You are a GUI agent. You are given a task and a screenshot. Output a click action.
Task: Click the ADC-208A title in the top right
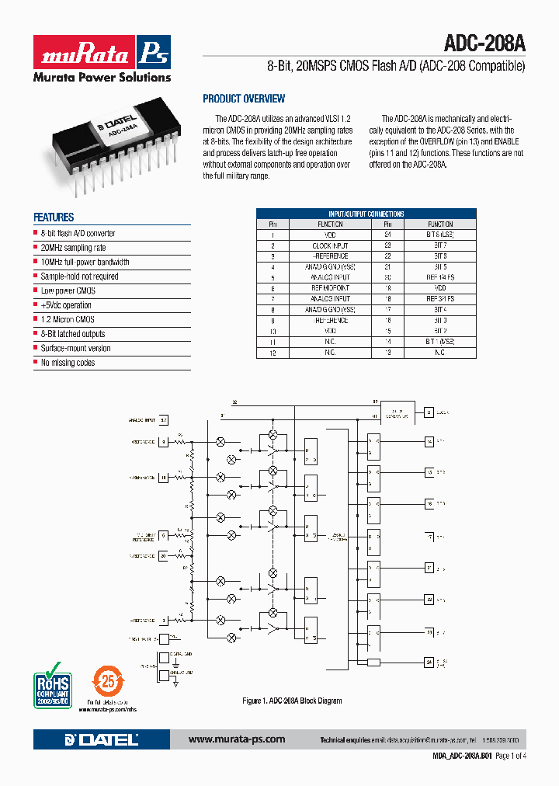(x=484, y=43)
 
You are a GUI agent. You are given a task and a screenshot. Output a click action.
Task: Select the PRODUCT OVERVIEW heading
(x=244, y=99)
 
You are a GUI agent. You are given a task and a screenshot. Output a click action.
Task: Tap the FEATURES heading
(x=54, y=217)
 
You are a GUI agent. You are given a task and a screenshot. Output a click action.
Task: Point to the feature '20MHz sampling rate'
(x=73, y=248)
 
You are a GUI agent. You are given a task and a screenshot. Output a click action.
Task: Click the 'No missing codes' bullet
(x=68, y=363)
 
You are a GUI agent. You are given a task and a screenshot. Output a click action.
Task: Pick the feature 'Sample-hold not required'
(x=79, y=276)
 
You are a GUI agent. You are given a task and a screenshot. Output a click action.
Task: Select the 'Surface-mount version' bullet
(x=75, y=349)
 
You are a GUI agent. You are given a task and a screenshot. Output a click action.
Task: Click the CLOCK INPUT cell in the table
(x=330, y=245)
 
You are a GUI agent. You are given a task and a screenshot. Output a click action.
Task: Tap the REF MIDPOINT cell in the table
(x=330, y=288)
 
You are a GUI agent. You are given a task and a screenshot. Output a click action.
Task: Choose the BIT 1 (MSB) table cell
(x=440, y=342)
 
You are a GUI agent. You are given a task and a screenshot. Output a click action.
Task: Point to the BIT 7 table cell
(x=440, y=245)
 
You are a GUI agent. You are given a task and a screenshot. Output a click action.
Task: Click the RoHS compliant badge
(x=52, y=683)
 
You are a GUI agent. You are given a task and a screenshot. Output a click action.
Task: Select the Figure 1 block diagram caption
(x=292, y=701)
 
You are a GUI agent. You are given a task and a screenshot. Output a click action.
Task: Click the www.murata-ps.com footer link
(x=237, y=739)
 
